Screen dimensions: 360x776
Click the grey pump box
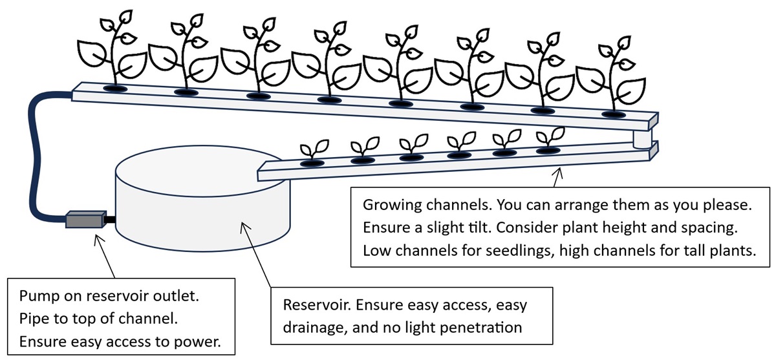pyautogui.click(x=85, y=220)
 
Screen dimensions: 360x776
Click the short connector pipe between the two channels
pyautogui.click(x=643, y=140)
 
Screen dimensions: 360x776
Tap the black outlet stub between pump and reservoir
pyautogui.click(x=110, y=220)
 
